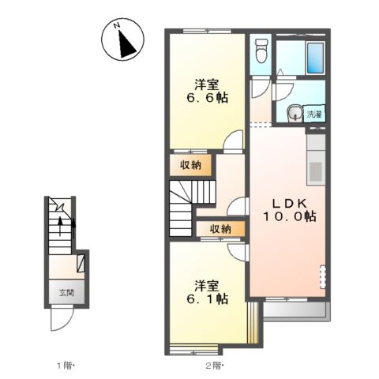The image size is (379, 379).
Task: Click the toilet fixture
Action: click(261, 51)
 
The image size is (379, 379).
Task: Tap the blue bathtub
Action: click(315, 58)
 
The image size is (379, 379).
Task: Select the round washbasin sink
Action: click(294, 114)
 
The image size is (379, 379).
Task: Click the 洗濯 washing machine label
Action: click(314, 114)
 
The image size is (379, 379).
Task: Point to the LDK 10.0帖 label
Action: click(290, 210)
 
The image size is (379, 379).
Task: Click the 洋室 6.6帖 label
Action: click(207, 91)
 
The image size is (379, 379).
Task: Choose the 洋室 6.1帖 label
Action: click(207, 292)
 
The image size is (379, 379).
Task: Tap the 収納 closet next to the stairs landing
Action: click(220, 228)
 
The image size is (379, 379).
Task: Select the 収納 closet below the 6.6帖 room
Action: click(190, 165)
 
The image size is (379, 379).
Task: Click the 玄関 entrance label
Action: click(66, 292)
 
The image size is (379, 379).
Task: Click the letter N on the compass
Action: click(117, 25)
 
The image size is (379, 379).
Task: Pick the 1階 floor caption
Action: click(66, 366)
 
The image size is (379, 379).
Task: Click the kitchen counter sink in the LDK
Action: click(316, 171)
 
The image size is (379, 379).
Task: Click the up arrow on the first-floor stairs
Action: click(60, 227)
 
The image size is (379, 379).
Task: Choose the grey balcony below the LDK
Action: click(297, 311)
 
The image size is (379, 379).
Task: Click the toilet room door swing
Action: click(261, 88)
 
